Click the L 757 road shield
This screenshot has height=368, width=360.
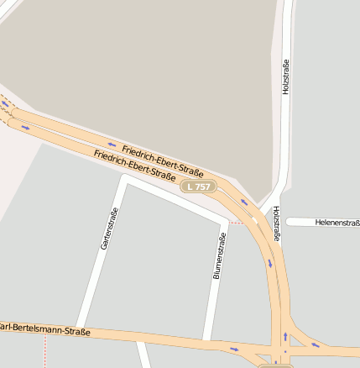tap(199, 187)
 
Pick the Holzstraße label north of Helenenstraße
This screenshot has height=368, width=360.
tap(285, 76)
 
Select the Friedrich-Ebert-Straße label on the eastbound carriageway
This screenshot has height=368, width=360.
tap(134, 165)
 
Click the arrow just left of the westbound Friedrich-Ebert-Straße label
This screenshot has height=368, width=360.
tap(112, 145)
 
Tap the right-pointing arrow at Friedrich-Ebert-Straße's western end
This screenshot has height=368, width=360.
tap(25, 128)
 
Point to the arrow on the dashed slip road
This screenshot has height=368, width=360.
tap(6, 104)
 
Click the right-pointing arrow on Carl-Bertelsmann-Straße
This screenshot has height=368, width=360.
tap(234, 347)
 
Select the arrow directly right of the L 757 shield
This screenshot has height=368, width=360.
tap(244, 202)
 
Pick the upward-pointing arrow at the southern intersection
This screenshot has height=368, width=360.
tap(285, 337)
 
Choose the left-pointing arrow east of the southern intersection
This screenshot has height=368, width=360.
tap(316, 344)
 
